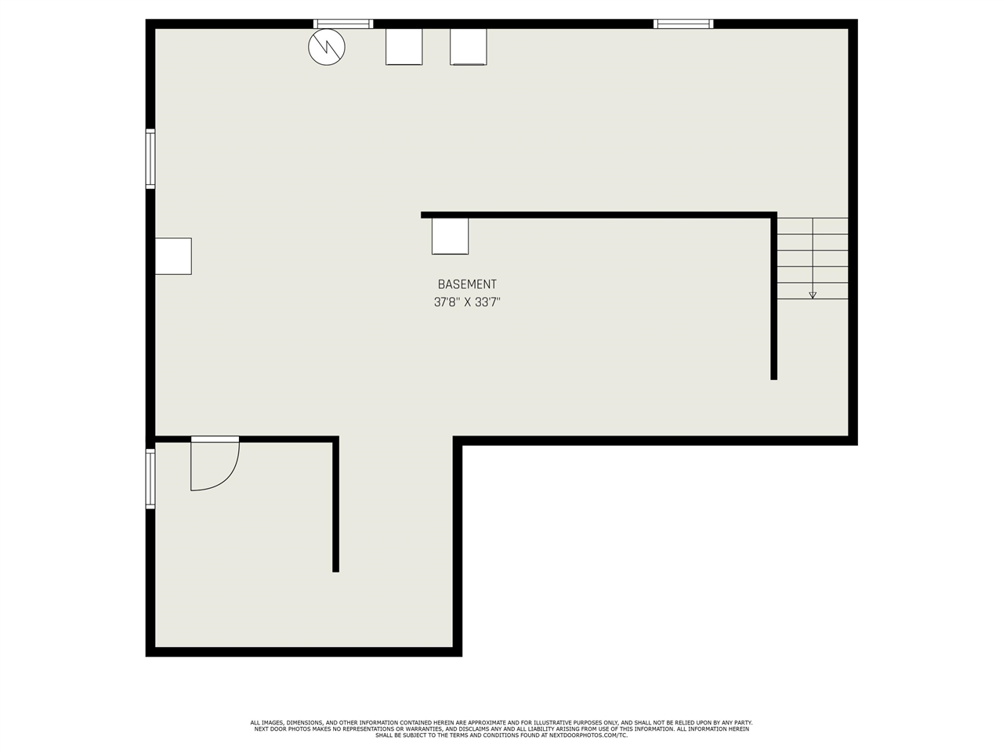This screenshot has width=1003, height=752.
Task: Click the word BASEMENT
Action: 467,284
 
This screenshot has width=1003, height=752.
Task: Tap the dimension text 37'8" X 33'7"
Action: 467,302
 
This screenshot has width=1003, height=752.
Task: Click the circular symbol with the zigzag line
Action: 327,47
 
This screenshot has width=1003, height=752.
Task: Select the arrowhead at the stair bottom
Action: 813,295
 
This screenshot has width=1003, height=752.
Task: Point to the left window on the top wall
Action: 343,23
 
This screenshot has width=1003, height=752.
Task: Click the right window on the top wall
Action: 683,23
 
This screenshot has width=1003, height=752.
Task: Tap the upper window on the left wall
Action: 150,158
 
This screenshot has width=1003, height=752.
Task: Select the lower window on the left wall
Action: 150,479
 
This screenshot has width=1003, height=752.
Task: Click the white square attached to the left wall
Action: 173,256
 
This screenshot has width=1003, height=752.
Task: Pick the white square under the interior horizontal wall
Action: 450,236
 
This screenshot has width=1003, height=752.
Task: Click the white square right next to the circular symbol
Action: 404,46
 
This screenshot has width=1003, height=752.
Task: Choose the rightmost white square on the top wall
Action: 469,46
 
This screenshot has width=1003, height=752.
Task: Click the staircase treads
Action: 813,258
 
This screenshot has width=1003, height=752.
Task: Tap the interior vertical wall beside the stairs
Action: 773,296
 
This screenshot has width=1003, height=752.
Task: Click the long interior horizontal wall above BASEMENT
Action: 599,215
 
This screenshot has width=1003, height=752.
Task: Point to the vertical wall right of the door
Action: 336,504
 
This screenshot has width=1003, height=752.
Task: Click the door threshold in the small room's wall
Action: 215,439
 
